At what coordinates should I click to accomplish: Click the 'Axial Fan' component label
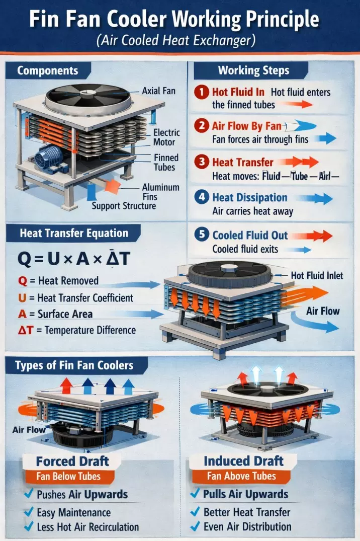click(x=158, y=91)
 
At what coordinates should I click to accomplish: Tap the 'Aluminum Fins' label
click(x=160, y=192)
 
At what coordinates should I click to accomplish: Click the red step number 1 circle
click(x=201, y=93)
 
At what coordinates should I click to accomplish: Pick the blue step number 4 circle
click(x=201, y=198)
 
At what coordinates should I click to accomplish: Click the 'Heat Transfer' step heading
click(x=243, y=162)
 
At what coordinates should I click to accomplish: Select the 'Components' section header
click(x=48, y=70)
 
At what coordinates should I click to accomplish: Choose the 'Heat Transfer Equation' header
click(x=73, y=234)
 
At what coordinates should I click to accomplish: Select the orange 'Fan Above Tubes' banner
click(x=241, y=476)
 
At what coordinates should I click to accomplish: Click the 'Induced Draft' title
click(x=243, y=461)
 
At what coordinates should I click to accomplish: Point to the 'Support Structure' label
click(x=124, y=206)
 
